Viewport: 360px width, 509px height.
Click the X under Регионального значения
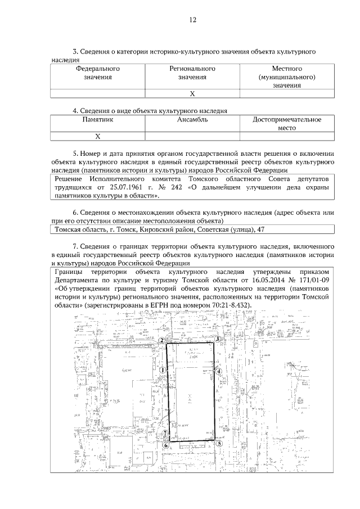pyautogui.click(x=192, y=94)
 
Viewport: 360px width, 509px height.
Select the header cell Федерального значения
pyautogui.click(x=98, y=73)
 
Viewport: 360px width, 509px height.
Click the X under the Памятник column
pyautogui.click(x=98, y=136)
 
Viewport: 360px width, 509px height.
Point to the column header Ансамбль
pyautogui.click(x=192, y=119)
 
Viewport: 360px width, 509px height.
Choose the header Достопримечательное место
pyautogui.click(x=287, y=124)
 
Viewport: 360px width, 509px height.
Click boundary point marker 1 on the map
pyautogui.click(x=162, y=370)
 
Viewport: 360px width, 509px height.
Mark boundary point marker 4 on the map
pyautogui.click(x=220, y=371)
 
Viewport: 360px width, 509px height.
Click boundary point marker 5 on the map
pyautogui.click(x=219, y=443)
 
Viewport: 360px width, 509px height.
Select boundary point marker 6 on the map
pyautogui.click(x=165, y=445)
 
